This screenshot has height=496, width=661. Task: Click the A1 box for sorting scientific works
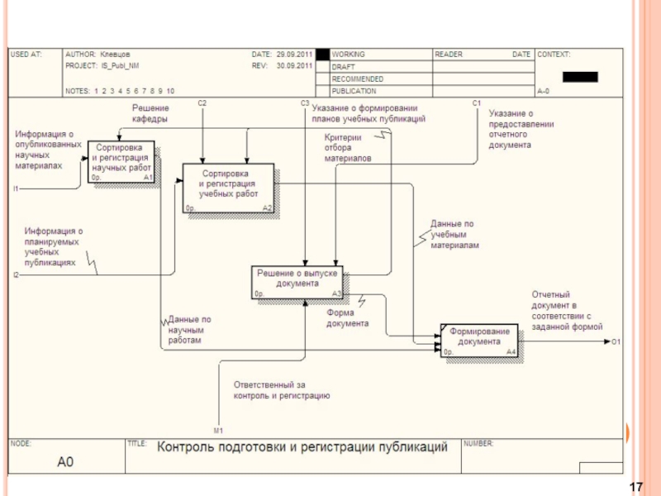pyautogui.click(x=121, y=161)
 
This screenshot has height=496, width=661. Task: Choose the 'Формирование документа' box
pyautogui.click(x=479, y=340)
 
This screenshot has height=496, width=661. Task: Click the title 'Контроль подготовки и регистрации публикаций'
pyautogui.click(x=302, y=447)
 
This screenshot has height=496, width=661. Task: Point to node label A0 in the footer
pyautogui.click(x=65, y=462)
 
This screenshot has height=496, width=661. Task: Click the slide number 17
pyautogui.click(x=636, y=487)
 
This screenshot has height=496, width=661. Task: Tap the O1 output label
pyautogui.click(x=616, y=341)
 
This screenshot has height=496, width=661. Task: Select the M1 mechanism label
pyautogui.click(x=218, y=432)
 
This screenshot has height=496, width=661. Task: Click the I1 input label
pyautogui.click(x=16, y=189)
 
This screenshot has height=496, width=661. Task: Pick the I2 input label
pyautogui.click(x=16, y=274)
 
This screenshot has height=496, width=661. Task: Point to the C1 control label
pyautogui.click(x=477, y=103)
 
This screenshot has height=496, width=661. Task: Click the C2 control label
pyautogui.click(x=202, y=103)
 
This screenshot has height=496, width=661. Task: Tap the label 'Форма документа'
pyautogui.click(x=347, y=318)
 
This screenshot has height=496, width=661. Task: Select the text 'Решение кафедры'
pyautogui.click(x=150, y=113)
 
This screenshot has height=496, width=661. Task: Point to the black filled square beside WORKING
pyautogui.click(x=322, y=55)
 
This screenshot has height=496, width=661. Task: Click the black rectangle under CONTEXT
pyautogui.click(x=579, y=77)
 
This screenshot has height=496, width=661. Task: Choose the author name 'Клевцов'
pyautogui.click(x=115, y=55)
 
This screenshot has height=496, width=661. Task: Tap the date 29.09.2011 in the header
pyautogui.click(x=294, y=55)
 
